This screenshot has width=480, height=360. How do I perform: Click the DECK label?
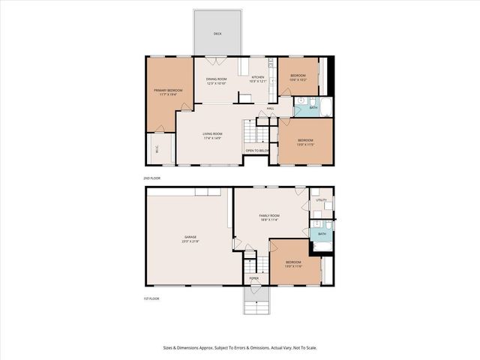tap(217, 34)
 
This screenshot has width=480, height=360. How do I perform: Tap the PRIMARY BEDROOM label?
tap(163, 90)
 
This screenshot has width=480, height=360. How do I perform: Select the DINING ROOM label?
tap(216, 78)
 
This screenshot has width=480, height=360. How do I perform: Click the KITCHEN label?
tap(257, 78)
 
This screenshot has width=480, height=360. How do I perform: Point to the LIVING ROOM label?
tap(212, 134)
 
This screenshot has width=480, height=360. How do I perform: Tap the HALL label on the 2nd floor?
tap(270, 108)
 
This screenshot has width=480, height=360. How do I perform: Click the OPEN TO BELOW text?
tap(257, 150)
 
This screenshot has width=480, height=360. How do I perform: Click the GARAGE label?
tap(190, 237)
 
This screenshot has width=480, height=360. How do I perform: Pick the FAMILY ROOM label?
tap(269, 215)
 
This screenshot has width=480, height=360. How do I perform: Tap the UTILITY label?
tap(321, 200)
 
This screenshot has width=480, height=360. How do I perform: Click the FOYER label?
tap(254, 278)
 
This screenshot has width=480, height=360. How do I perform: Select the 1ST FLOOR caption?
tap(152, 298)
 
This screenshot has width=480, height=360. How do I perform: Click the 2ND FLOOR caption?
tap(152, 178)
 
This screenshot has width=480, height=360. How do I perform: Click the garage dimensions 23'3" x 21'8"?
tap(190, 241)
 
